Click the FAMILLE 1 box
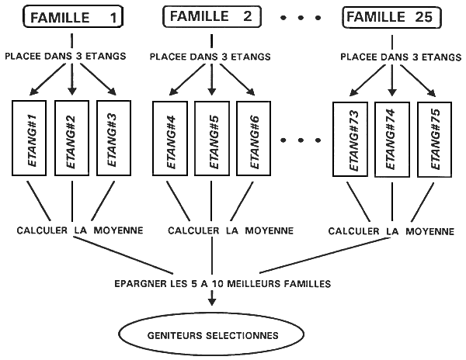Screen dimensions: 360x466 pos(74,16)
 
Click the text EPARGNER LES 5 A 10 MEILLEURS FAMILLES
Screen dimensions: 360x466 pos(211,284)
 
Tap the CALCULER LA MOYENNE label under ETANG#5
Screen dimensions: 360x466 pos(231,230)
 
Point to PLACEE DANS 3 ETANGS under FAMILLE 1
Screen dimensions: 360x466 pos(72,56)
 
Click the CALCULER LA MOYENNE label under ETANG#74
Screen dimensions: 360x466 pos(391,230)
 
